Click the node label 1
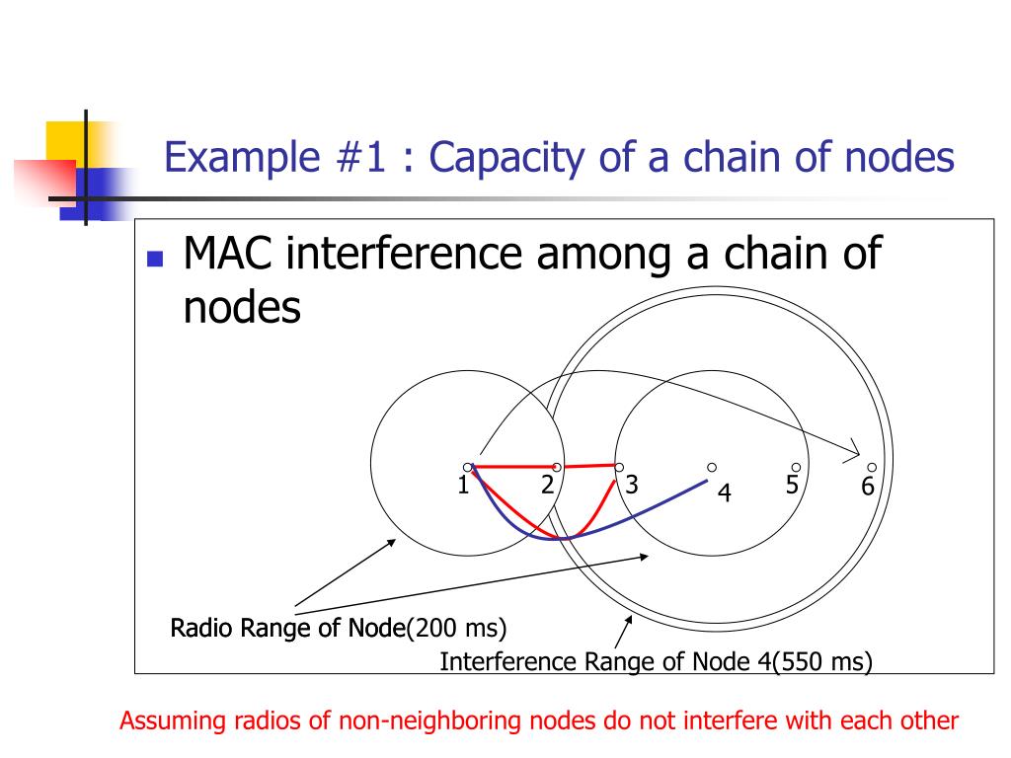[461, 485]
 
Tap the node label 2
[546, 485]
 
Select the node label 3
[632, 485]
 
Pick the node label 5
[792, 485]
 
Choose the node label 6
[868, 487]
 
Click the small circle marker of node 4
[711, 467]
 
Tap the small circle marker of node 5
[796, 467]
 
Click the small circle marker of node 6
[872, 467]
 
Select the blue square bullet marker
[154, 260]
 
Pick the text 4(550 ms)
[816, 661]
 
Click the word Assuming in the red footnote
[174, 720]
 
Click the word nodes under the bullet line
[242, 308]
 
